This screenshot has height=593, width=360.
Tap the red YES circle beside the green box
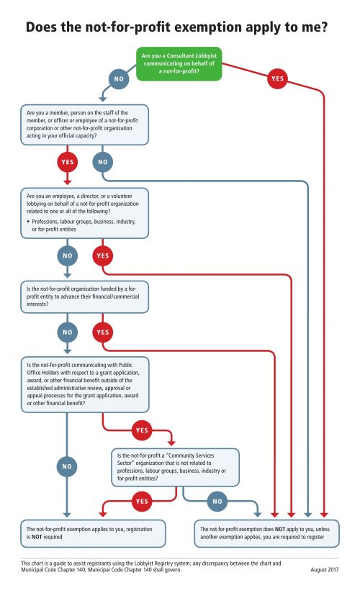[x=276, y=78]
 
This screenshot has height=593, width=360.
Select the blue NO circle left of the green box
[x=119, y=78]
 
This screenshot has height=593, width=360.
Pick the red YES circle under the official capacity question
[x=68, y=162]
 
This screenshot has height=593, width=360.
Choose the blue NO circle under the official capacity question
[x=102, y=162]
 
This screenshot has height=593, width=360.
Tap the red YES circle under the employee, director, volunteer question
[x=103, y=255]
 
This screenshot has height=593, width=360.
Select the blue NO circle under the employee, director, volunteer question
[x=68, y=255]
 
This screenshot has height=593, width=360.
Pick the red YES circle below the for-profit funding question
[x=103, y=332]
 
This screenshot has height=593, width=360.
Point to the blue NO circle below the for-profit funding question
[x=68, y=332]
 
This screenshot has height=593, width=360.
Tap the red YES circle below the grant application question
[x=140, y=431]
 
